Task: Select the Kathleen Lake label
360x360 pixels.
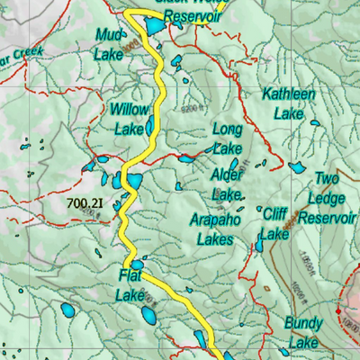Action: [288, 103]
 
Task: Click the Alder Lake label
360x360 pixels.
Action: [227, 183]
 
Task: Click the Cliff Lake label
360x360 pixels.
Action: [274, 223]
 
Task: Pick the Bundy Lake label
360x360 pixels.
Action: [302, 332]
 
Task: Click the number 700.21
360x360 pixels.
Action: [85, 204]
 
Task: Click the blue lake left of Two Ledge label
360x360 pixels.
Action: [296, 167]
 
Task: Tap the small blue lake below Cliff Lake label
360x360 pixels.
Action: [260, 245]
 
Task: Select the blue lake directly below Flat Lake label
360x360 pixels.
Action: [148, 315]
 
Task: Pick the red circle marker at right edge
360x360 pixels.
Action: [341, 310]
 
